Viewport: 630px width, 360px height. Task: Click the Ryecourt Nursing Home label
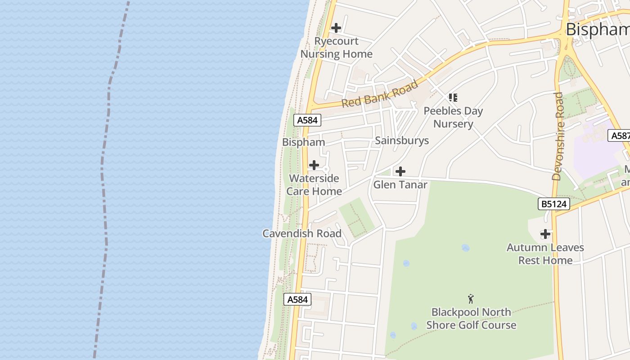coord(336,48)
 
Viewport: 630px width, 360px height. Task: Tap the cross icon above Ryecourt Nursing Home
coord(336,28)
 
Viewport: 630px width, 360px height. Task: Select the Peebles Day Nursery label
coord(453,117)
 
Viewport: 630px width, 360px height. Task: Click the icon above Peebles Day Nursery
coord(453,97)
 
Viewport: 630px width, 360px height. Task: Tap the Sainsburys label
coord(402,141)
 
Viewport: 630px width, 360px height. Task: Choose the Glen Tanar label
coord(400,184)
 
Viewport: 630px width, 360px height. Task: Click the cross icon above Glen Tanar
coord(400,171)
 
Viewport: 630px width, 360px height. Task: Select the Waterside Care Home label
coord(314,184)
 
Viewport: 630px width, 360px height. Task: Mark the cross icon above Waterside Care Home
coord(314,165)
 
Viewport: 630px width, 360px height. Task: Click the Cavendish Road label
coord(302,234)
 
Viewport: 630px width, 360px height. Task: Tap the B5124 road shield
coord(554,204)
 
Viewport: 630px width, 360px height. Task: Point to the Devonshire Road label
coord(558,136)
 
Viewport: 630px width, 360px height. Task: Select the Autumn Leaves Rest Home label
coord(545,254)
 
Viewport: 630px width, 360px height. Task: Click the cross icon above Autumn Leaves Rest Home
coord(545,234)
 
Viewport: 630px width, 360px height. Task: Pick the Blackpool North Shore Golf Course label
coord(471,319)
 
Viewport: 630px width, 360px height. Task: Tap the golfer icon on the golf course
coord(471,299)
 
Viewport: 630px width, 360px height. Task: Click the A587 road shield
coord(619,135)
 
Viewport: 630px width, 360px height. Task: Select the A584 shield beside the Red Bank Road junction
coord(308,120)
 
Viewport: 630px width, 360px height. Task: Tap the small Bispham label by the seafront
coord(303,142)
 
